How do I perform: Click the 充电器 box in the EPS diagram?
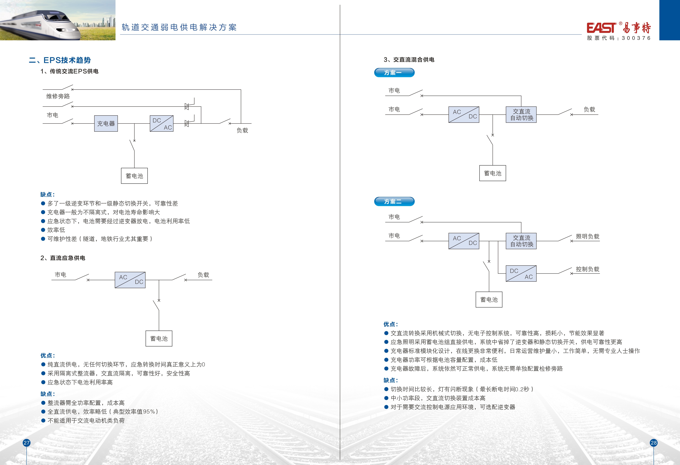click(x=106, y=124)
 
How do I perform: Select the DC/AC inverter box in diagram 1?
click(x=162, y=124)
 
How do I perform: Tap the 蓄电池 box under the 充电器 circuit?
click(x=134, y=176)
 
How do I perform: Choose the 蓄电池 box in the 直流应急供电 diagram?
click(x=159, y=339)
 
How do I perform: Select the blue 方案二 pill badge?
click(x=394, y=201)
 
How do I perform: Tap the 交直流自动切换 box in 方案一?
click(x=521, y=114)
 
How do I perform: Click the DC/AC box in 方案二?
click(x=521, y=274)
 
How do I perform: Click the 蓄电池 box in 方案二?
click(x=489, y=300)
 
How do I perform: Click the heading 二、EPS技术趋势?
click(x=60, y=60)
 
